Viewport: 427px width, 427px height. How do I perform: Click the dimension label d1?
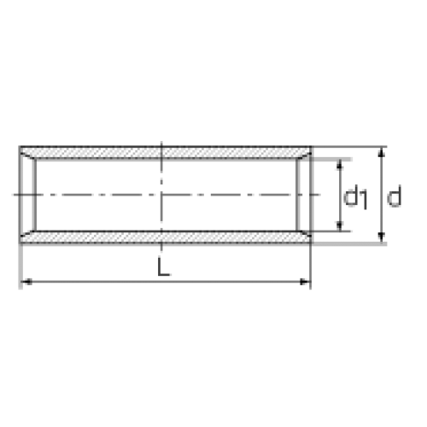(355, 197)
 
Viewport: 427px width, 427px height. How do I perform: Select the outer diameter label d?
(395, 196)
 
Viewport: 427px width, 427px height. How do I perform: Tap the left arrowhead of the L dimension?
(26, 282)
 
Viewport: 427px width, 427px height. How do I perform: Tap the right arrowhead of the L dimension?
(305, 282)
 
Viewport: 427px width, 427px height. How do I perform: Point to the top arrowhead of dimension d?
(382, 152)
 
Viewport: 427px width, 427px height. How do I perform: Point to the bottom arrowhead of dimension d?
(382, 237)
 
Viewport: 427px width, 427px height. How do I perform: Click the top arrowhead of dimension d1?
(339, 165)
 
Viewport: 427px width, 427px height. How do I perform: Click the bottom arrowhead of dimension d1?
(339, 225)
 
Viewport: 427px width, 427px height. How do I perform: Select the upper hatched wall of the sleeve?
(165, 153)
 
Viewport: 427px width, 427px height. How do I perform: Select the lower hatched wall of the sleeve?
(165, 237)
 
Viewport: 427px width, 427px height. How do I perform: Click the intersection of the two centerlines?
(161, 195)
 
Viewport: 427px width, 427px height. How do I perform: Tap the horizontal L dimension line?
(166, 282)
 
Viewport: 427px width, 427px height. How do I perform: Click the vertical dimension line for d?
(382, 195)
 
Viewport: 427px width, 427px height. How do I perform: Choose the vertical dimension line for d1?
(339, 195)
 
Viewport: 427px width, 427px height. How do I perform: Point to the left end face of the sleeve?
(20, 195)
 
